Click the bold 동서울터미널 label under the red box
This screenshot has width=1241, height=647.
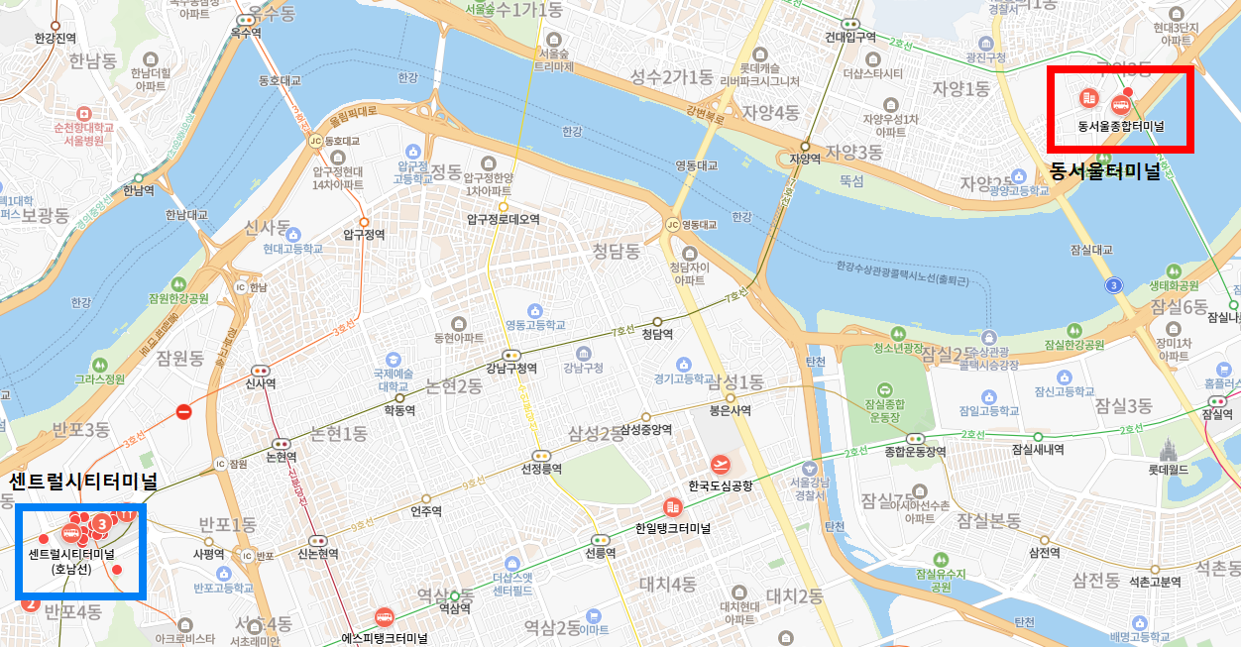point(1104,171)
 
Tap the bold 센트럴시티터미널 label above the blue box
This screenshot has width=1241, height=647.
point(83,483)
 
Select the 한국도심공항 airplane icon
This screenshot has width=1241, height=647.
point(721,464)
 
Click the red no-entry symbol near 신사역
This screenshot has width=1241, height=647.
point(183,411)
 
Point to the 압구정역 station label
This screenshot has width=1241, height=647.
point(363,235)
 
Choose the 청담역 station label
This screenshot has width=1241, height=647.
point(657,334)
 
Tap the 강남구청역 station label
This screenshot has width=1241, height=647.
point(511,369)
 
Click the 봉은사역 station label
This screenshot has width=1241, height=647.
point(730,410)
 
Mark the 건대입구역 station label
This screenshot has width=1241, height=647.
point(850,37)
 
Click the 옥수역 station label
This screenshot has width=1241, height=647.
point(245,32)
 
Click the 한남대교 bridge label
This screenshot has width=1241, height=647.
point(186,214)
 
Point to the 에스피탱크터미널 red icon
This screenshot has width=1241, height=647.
point(383,615)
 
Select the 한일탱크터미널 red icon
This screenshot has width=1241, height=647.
point(672,507)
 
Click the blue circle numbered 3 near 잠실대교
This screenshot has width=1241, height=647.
point(1115,285)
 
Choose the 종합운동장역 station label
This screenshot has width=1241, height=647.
point(914,451)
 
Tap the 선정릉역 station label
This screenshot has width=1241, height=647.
point(541,468)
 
